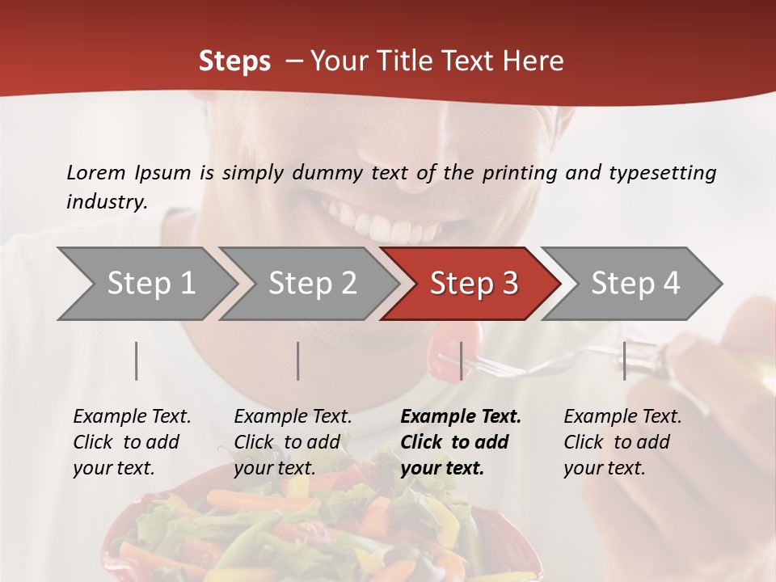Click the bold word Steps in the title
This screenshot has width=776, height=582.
coord(234,61)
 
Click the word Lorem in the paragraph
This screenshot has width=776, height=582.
coord(95,172)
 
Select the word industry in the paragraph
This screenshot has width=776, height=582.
coord(106,202)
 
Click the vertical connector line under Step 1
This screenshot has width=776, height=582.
coord(137,361)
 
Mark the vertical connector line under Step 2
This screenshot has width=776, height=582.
coord(298,361)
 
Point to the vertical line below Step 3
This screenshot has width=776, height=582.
coord(461,361)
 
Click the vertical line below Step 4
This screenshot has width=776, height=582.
coord(624,361)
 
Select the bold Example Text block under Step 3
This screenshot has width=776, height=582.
coord(461,442)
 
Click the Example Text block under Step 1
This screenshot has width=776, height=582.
coord(132,442)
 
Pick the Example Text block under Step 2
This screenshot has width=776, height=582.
coord(293,442)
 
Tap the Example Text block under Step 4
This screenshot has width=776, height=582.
coord(622,442)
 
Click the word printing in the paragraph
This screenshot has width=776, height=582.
coord(518,173)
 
